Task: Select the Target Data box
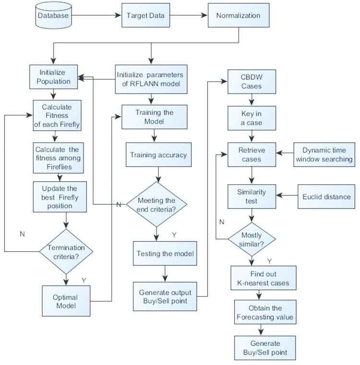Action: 145,16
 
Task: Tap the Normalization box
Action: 238,16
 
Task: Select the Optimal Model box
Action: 65,301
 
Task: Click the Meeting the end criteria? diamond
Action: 156,204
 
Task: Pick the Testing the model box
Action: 166,253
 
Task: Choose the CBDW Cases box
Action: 251,82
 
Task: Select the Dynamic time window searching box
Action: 324,154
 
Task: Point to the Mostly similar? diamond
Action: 251,238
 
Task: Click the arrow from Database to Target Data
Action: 96,16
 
